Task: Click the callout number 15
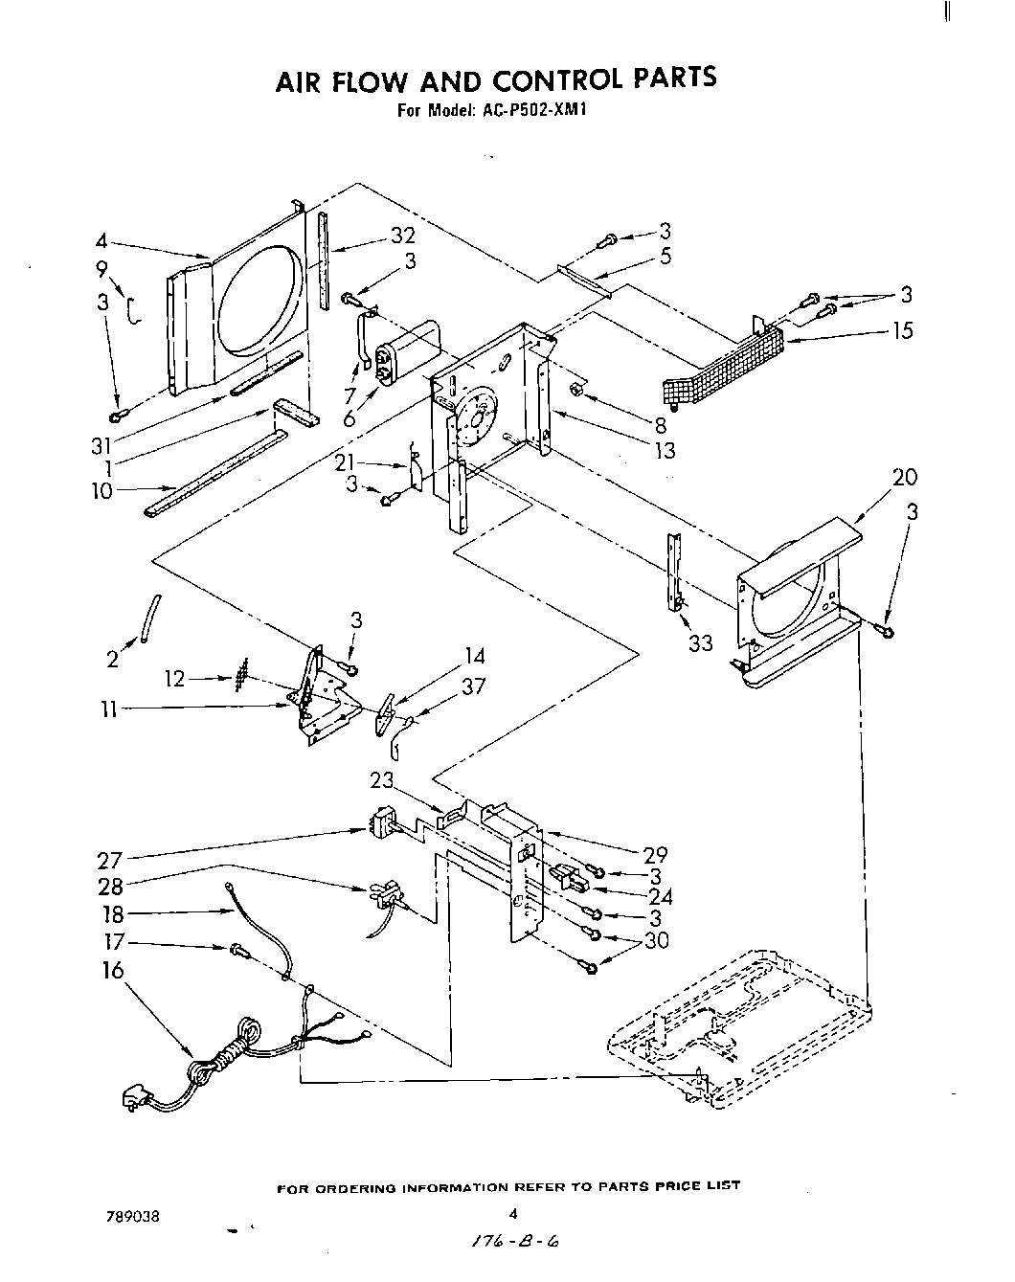coord(902,330)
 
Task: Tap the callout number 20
coord(904,477)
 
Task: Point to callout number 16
coord(113,970)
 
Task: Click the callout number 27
coord(110,858)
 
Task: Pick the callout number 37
coord(473,686)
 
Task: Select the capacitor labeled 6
coord(407,349)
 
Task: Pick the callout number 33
coord(701,643)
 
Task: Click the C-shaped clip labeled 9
coord(135,310)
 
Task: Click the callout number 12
coord(174,679)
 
